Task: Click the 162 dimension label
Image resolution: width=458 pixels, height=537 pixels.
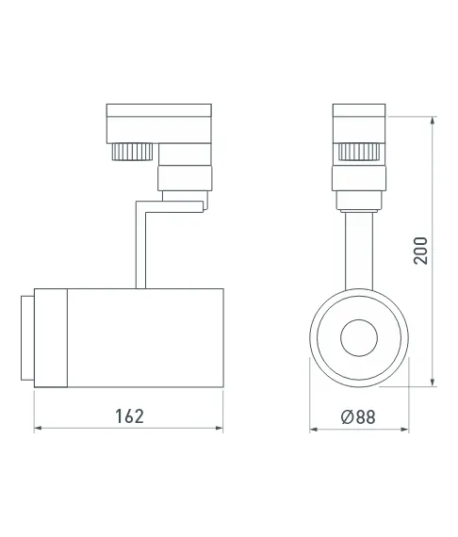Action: tap(129, 416)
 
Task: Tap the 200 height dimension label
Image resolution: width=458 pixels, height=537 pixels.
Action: tap(421, 251)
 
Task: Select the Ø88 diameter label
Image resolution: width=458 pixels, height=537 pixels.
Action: tap(358, 416)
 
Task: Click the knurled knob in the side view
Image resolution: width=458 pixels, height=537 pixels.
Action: tap(132, 152)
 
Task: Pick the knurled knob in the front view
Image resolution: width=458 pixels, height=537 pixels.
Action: tap(359, 152)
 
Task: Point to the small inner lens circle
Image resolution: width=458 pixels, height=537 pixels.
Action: tap(359, 338)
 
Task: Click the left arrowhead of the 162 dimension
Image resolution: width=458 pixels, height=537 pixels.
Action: tap(39, 428)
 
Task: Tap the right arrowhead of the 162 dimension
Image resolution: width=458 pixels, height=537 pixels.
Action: tap(219, 428)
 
